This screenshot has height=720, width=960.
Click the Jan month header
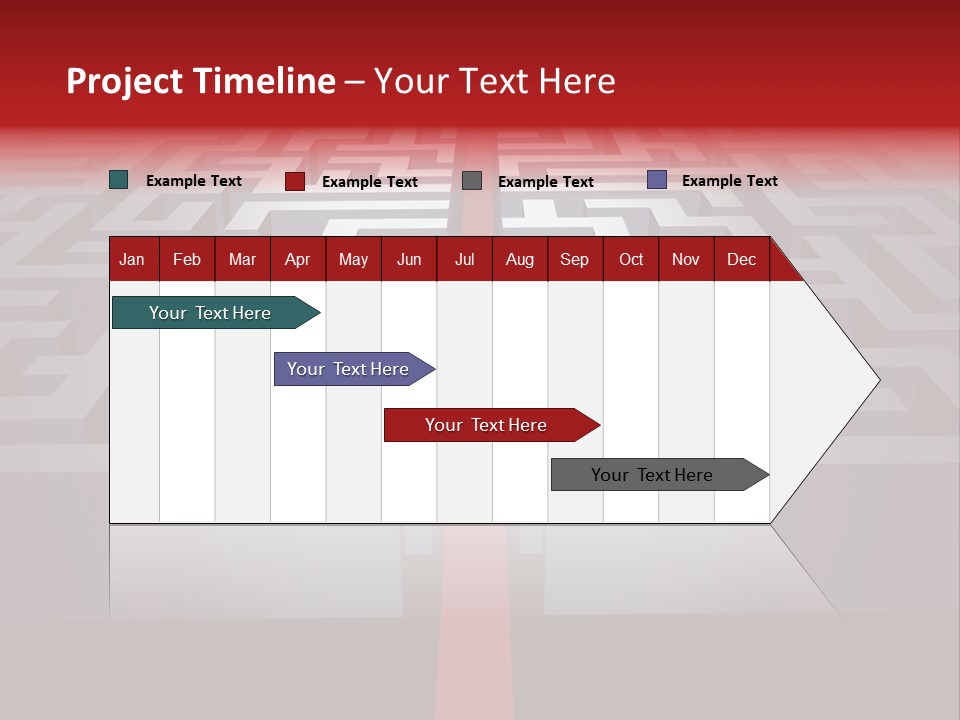pos(133,259)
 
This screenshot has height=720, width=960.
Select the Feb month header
pos(187,259)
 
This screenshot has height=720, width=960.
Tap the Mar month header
pos(242,259)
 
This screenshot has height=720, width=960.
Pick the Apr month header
pos(298,259)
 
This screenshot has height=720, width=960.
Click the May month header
pos(353,259)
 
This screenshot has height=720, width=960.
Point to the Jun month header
pos(409,259)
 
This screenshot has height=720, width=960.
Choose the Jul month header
pos(464,259)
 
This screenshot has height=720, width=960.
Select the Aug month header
pos(520,259)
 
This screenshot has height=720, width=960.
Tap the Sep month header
pos(575,259)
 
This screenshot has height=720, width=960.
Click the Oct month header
pos(631,259)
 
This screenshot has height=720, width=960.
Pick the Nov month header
pos(686,259)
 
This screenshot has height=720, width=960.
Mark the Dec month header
pos(741,259)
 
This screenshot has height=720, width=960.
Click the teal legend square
pos(119,180)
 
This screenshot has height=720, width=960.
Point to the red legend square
pos(295,181)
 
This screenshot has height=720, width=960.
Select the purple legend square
pos(657,180)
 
